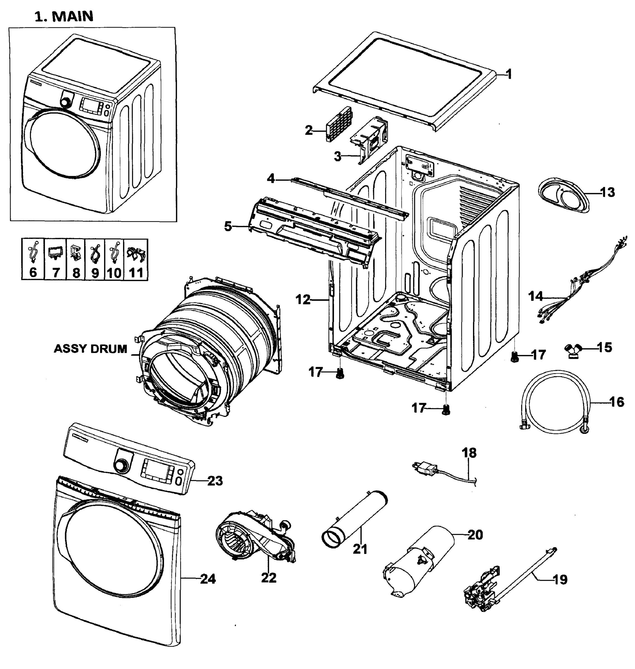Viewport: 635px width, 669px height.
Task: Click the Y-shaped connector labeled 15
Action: coord(573,350)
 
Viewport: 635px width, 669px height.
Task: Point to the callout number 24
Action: coord(208,579)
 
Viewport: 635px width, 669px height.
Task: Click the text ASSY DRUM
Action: coord(90,349)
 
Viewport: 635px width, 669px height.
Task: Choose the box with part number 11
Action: coord(136,259)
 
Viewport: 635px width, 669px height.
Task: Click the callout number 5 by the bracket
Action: coord(228,226)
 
